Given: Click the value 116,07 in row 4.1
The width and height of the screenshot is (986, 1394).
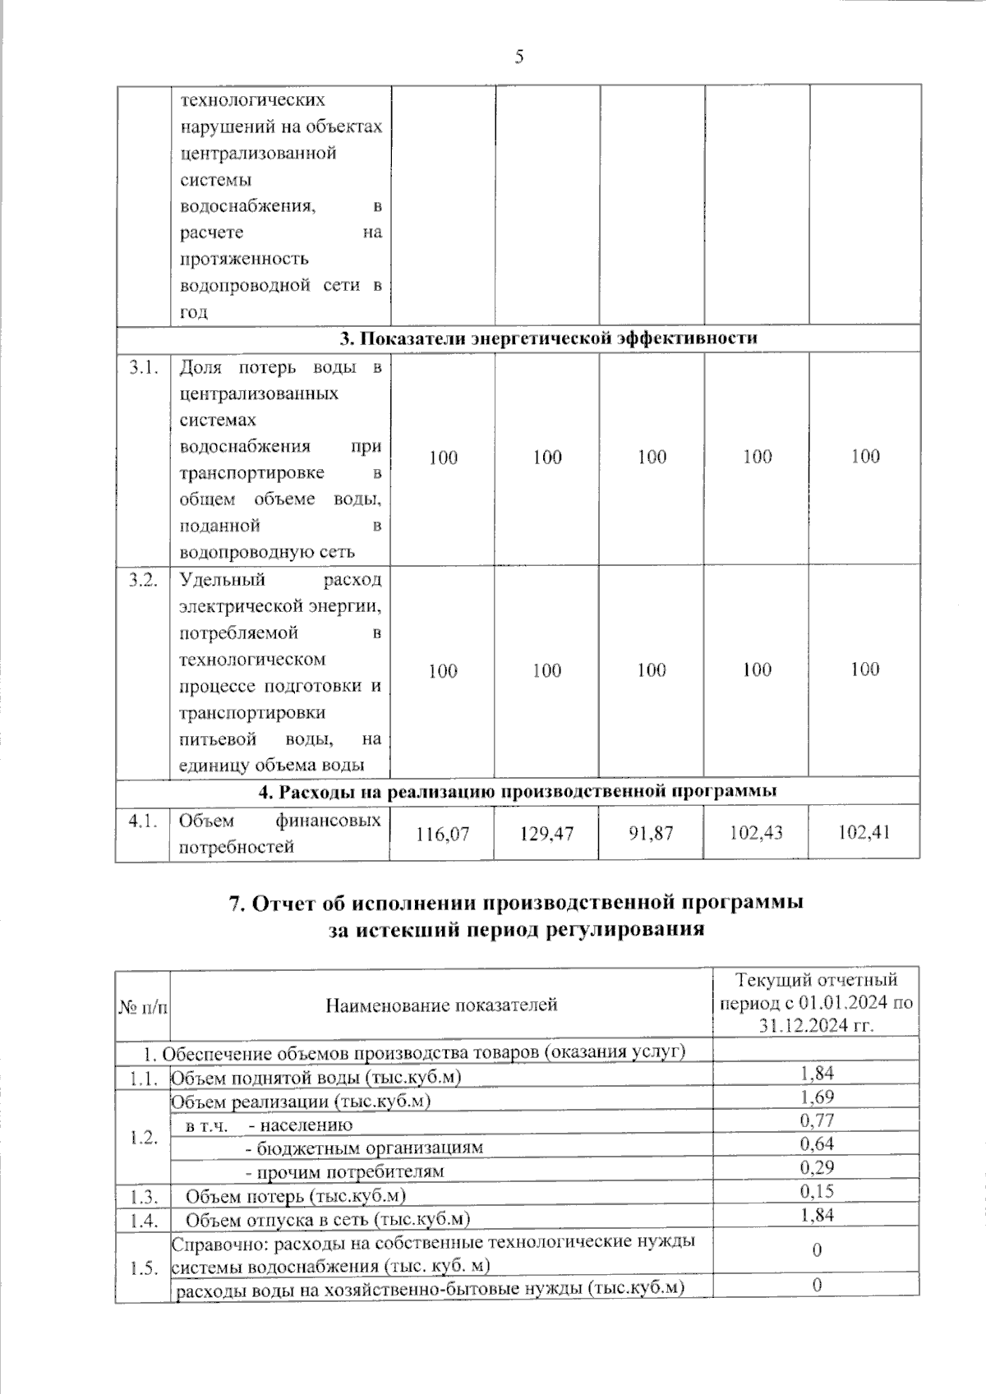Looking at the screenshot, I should pos(443,833).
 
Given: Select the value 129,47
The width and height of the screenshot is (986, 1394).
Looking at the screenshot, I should pos(547,833).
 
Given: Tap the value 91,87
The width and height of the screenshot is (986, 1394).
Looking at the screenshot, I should pos(652,833).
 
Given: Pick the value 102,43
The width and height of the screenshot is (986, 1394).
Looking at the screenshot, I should pos(756,833).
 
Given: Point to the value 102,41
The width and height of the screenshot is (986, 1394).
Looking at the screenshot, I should pos(864,833).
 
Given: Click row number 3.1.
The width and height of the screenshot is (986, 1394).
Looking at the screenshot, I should pos(143,367).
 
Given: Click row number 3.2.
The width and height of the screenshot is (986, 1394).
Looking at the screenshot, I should pos(143,580).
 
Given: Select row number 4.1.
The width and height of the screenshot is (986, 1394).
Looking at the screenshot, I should pos(143,821).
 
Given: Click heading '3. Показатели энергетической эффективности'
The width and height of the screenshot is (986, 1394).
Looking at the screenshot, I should pos(549,338).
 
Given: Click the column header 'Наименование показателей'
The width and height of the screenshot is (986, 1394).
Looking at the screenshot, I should pos(441,1004).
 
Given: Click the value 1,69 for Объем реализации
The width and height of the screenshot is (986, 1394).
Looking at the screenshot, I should pos(817,1097).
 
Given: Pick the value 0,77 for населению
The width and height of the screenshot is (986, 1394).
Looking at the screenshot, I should pos(817,1120).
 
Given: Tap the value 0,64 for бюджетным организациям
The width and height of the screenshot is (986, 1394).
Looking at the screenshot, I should pos(817,1143).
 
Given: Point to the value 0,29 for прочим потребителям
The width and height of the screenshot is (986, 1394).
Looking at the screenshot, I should pos(817,1166).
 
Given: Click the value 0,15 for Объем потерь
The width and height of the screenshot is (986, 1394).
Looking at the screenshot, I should pos(817,1190).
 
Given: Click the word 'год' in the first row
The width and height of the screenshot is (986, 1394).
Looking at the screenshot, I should pos(194,312).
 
